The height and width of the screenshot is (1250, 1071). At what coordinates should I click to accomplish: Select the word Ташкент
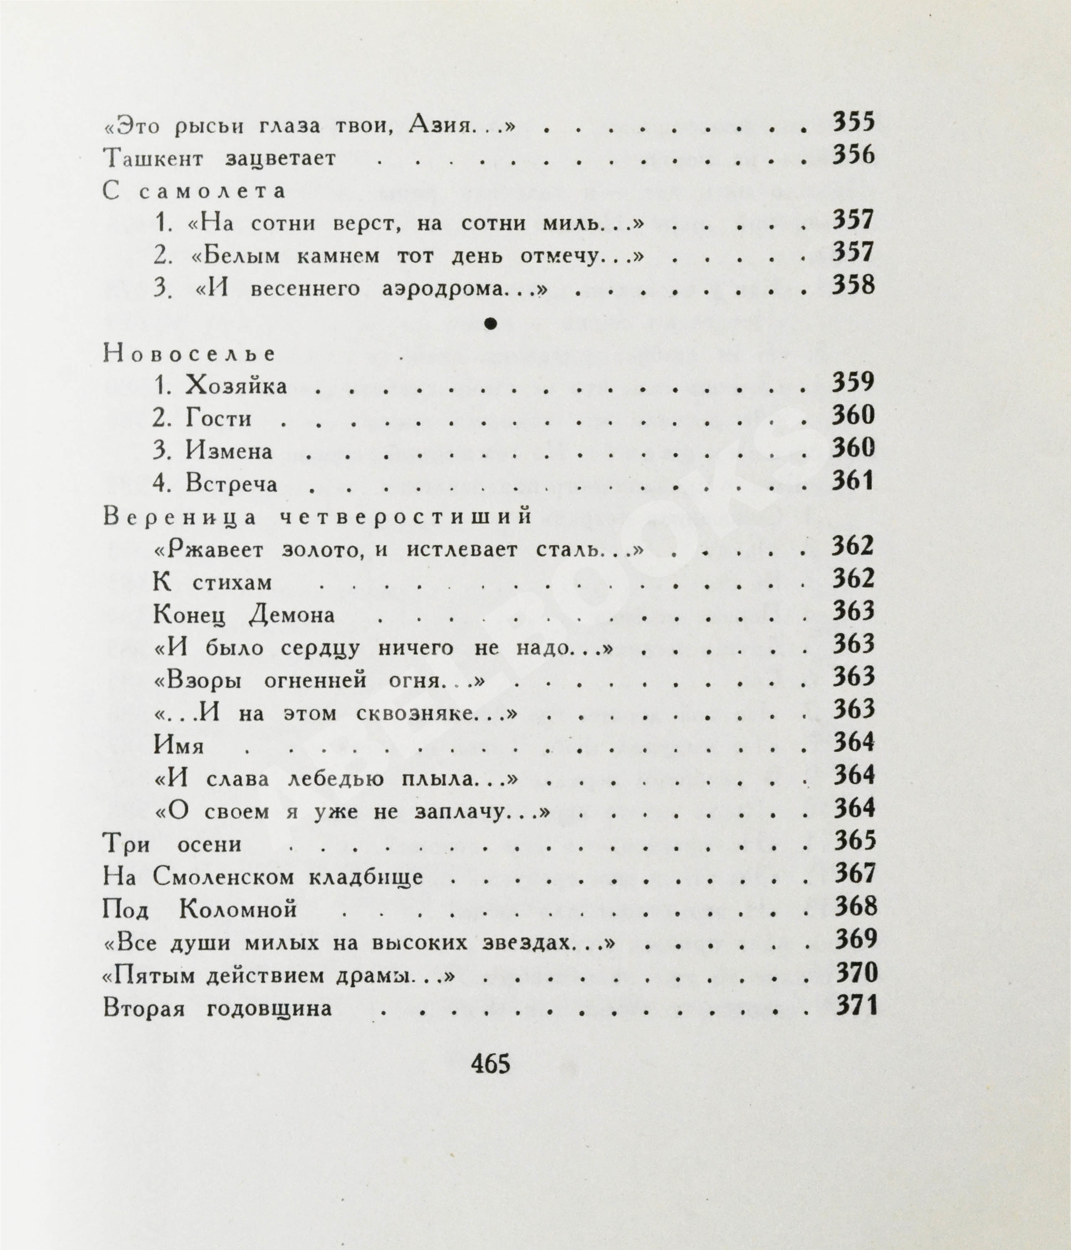(x=153, y=159)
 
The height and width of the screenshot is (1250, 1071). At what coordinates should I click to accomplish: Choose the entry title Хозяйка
(x=236, y=386)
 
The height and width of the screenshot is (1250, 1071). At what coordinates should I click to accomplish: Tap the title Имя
(x=179, y=746)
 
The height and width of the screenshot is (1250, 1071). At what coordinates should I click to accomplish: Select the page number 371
(x=855, y=1007)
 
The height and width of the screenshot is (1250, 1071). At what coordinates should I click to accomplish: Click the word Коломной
(x=238, y=909)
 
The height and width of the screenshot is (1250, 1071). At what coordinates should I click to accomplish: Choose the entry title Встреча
(x=232, y=484)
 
